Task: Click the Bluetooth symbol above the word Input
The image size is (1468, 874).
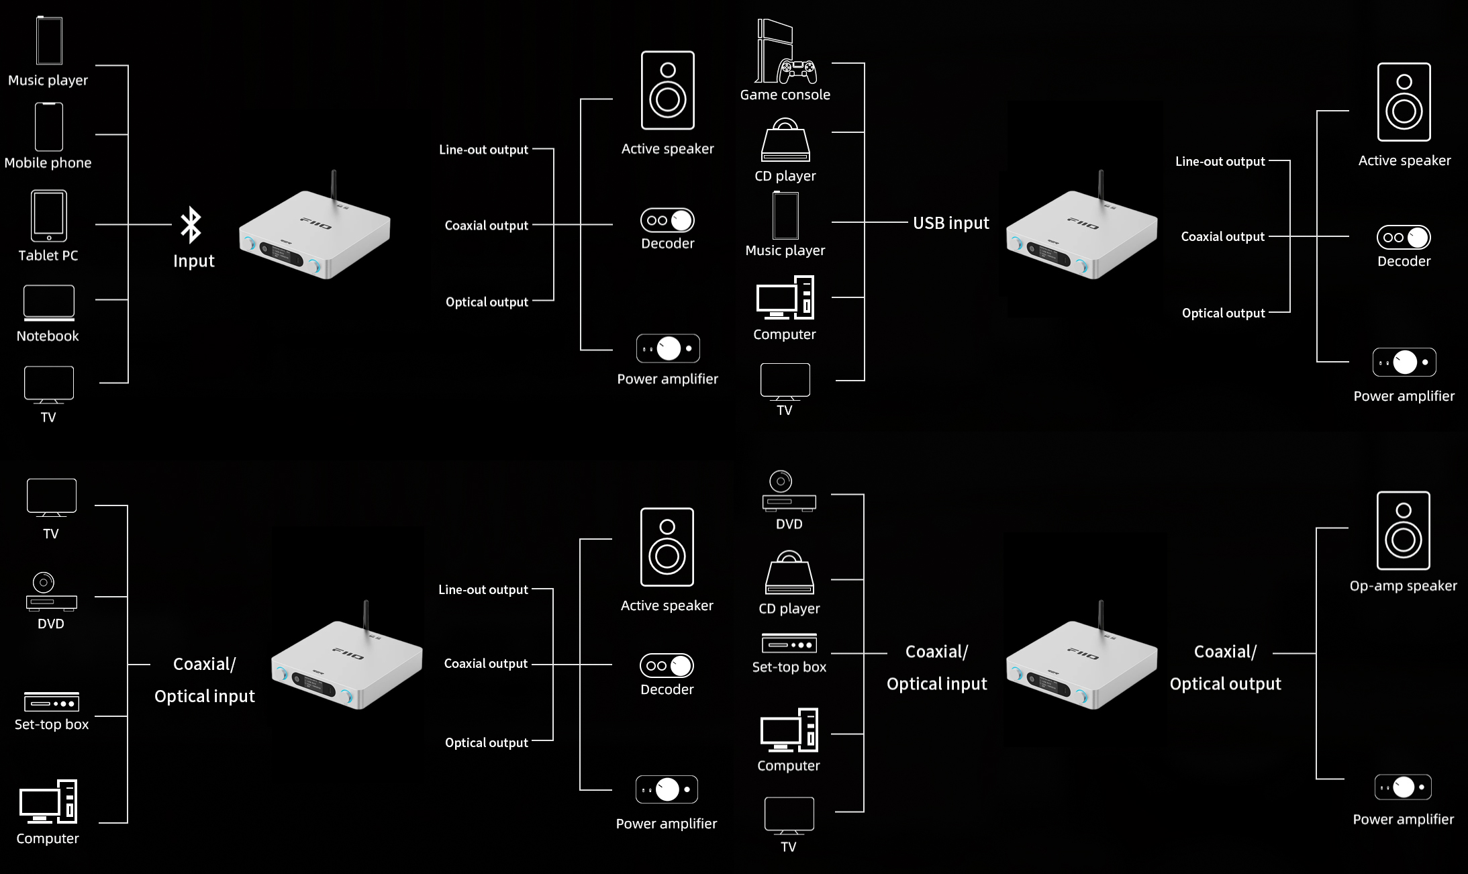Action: [x=191, y=224]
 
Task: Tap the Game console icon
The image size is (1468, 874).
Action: [x=785, y=52]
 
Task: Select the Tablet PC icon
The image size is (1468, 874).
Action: [x=49, y=215]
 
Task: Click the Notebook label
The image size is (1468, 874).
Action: [x=48, y=336]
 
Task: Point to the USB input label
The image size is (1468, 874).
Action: [x=950, y=223]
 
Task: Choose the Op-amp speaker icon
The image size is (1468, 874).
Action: [x=1403, y=530]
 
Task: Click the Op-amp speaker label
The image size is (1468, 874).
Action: [x=1403, y=585]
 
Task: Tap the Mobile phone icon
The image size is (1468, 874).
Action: [x=49, y=127]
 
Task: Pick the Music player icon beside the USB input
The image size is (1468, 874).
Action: [x=785, y=215]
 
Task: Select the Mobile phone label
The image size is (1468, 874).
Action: [x=48, y=162]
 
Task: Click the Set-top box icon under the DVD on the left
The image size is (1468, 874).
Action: [x=52, y=702]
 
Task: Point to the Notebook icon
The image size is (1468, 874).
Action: [x=49, y=303]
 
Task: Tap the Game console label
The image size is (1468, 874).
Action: [x=785, y=95]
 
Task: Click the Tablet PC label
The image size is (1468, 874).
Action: [x=48, y=255]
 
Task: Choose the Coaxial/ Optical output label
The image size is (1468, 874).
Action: [x=1225, y=668]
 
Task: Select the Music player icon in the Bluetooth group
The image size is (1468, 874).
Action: [x=49, y=41]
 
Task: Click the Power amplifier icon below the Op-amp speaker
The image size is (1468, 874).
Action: [x=1403, y=787]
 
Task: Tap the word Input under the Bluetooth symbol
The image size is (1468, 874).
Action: [x=193, y=260]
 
